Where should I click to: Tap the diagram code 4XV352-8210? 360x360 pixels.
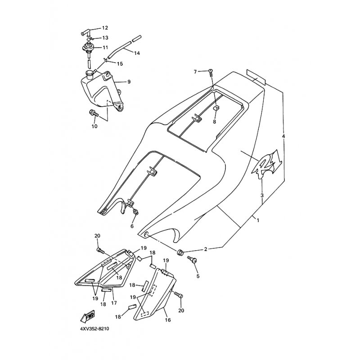(94, 329)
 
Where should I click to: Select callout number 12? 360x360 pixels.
(105, 28)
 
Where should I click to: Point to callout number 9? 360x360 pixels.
(129, 81)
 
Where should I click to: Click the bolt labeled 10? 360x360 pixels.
(94, 113)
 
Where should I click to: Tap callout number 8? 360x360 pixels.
(215, 121)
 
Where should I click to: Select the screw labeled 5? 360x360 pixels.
(192, 260)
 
